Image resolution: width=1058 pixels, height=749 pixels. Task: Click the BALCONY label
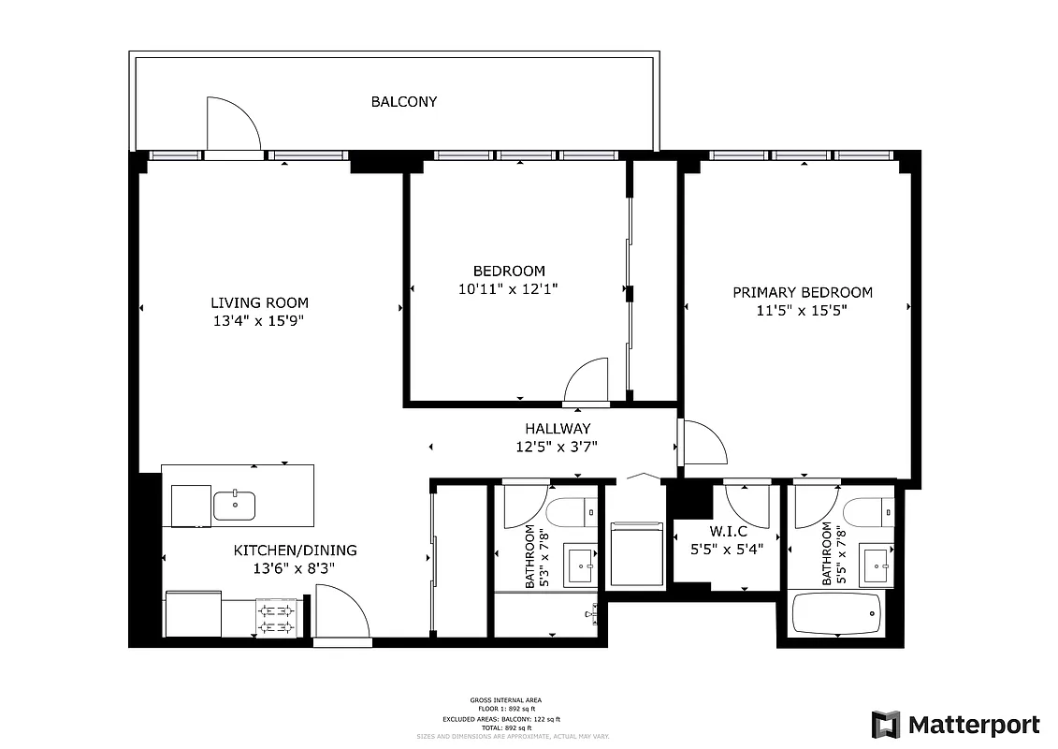[x=403, y=101]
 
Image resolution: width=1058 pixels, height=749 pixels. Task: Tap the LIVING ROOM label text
[x=259, y=302]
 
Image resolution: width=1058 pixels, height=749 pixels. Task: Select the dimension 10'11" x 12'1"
[x=508, y=289]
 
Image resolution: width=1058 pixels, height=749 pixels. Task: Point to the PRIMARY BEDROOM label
[x=802, y=292]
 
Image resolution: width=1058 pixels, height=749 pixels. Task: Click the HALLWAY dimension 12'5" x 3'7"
[x=557, y=447]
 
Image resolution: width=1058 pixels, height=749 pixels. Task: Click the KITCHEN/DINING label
[x=295, y=551]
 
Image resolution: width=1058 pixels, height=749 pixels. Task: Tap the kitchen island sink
[x=234, y=506]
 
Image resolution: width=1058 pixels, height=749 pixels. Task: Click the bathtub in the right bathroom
[x=837, y=614]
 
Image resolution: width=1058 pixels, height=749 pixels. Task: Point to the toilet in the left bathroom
[x=571, y=512]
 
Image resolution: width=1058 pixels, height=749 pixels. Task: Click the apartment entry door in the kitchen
[x=342, y=612]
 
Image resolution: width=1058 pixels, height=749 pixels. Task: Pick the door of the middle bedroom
[x=587, y=382]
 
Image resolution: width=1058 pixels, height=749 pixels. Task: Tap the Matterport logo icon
[x=886, y=725]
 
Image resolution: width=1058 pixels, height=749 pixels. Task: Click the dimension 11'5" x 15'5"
[x=802, y=312]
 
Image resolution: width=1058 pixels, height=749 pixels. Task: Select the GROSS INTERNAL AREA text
[x=505, y=700]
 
